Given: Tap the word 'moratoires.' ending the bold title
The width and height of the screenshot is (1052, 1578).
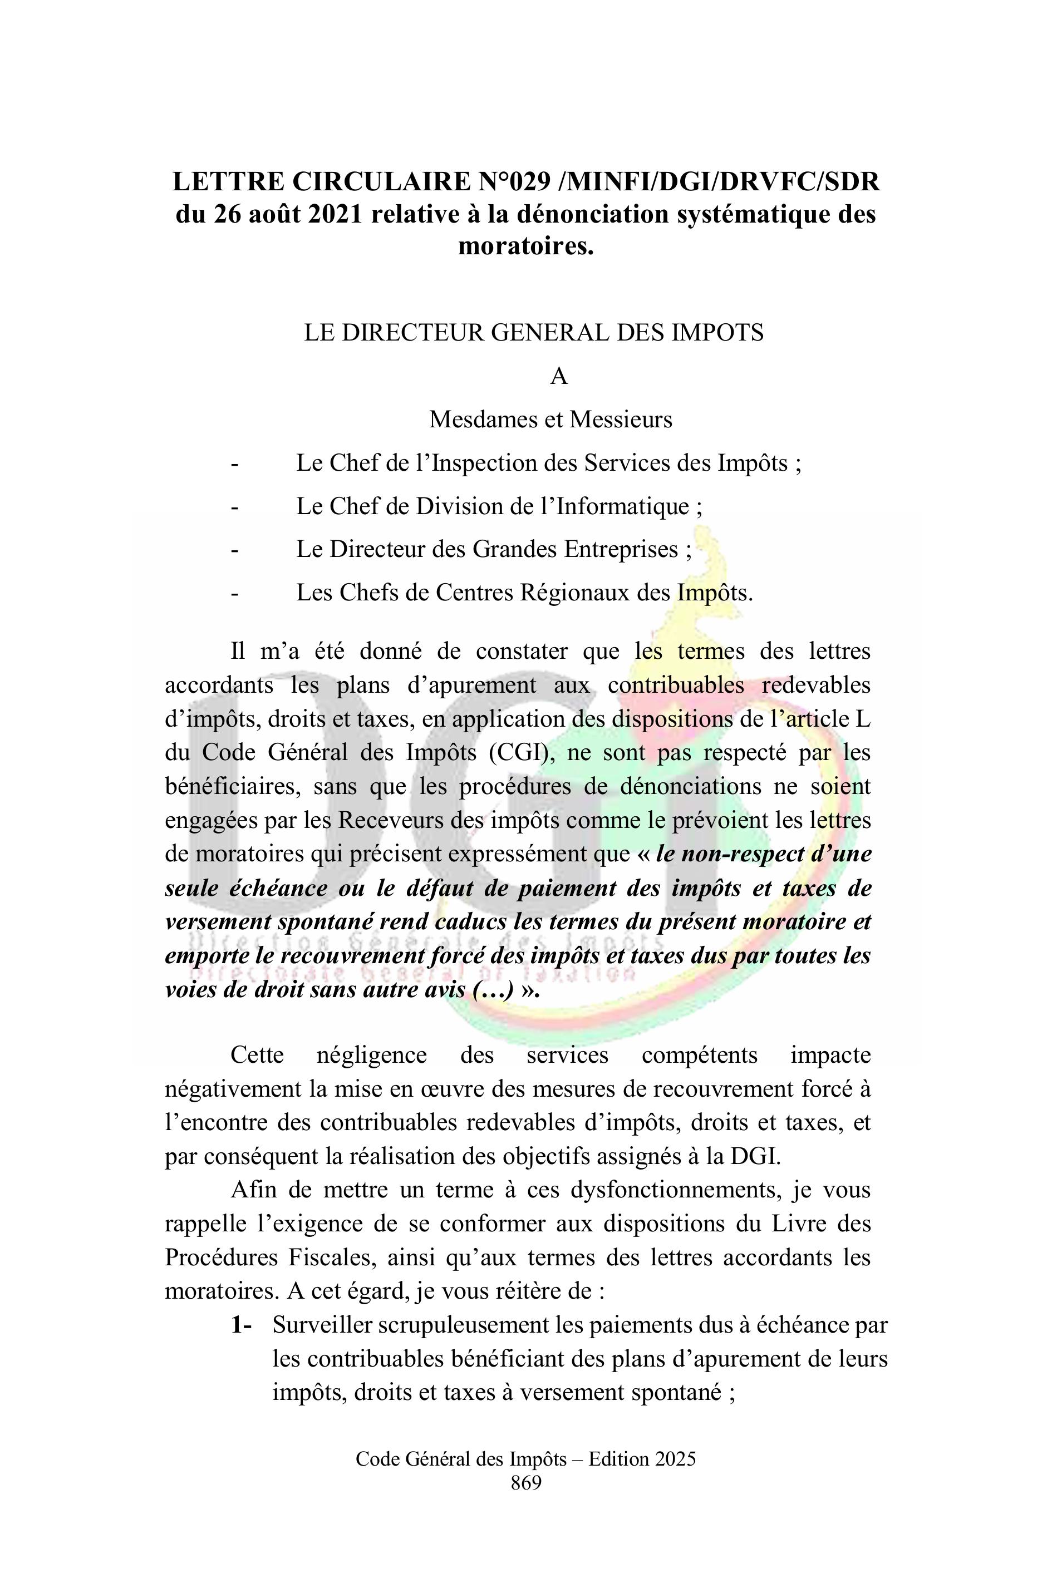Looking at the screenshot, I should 526,246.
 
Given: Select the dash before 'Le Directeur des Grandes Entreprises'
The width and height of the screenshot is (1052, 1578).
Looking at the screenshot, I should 234,550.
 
